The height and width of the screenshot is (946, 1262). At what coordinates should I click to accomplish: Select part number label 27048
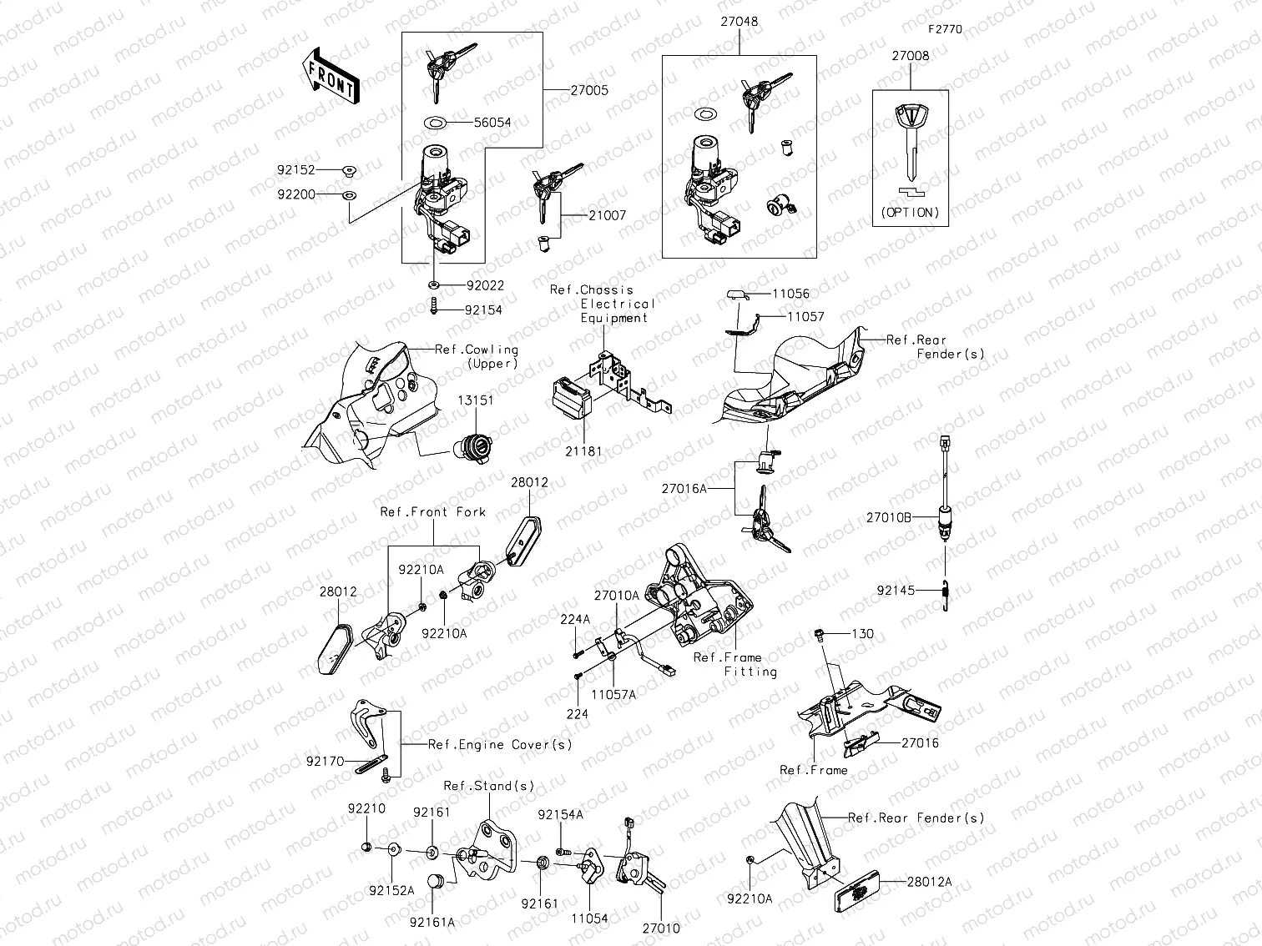pyautogui.click(x=740, y=22)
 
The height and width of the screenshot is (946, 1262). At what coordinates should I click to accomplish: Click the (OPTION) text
pyautogui.click(x=910, y=213)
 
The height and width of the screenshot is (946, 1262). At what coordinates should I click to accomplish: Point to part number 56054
pyautogui.click(x=492, y=122)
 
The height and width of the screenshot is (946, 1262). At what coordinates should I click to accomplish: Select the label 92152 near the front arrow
pyautogui.click(x=296, y=169)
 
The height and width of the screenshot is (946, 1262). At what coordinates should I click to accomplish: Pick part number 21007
pyautogui.click(x=607, y=215)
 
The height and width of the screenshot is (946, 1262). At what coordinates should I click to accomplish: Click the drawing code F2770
pyautogui.click(x=945, y=28)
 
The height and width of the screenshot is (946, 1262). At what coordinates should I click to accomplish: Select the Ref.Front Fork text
pyautogui.click(x=432, y=512)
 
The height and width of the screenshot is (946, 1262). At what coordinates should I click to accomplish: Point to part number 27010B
pyautogui.click(x=888, y=517)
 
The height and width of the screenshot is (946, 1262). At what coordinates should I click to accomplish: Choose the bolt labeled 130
pyautogui.click(x=820, y=637)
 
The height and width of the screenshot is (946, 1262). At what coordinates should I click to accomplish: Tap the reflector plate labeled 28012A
pyautogui.click(x=858, y=890)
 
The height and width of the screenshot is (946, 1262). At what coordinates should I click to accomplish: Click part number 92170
pyautogui.click(x=324, y=761)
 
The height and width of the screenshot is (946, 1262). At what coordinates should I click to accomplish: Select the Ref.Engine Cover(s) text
pyautogui.click(x=500, y=744)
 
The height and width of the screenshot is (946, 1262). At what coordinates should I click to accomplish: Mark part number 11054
pyautogui.click(x=589, y=918)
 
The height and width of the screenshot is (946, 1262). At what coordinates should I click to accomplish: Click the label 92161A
pyautogui.click(x=432, y=922)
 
